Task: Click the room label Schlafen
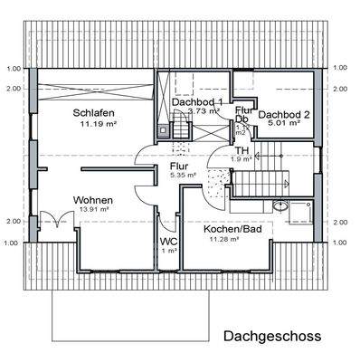pyautogui.click(x=92, y=112)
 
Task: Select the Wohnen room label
pyautogui.click(x=94, y=198)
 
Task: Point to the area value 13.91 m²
pyautogui.click(x=94, y=208)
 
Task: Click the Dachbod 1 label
pyautogui.click(x=197, y=101)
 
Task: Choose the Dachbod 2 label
pyautogui.click(x=285, y=115)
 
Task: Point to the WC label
pyautogui.click(x=168, y=242)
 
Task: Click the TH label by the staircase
pyautogui.click(x=242, y=150)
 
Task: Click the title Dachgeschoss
pyautogui.click(x=270, y=337)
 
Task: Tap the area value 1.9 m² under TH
pyautogui.click(x=242, y=159)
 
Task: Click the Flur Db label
pyautogui.click(x=242, y=114)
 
